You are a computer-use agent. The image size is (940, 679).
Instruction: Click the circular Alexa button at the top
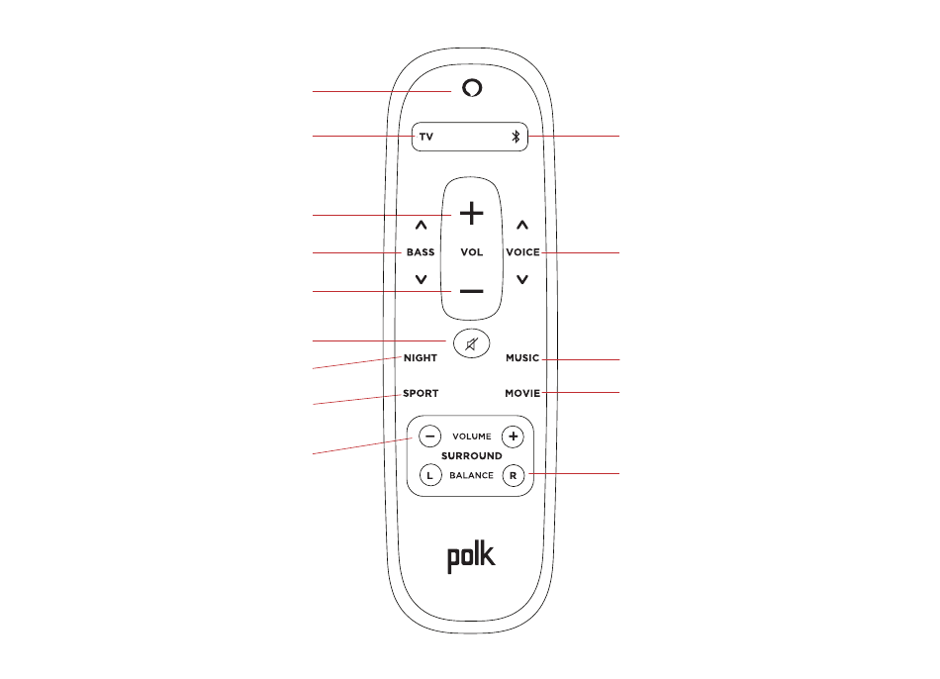tap(472, 88)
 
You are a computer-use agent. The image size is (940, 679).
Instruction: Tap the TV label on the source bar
tap(425, 137)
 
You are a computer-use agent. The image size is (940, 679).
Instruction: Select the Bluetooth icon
tap(515, 137)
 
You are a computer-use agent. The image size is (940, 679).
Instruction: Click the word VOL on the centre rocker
tap(472, 252)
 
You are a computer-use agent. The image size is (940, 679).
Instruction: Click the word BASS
tap(421, 252)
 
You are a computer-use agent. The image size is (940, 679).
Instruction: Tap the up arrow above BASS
tap(421, 226)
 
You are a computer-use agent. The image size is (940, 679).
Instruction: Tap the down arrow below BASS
tap(421, 280)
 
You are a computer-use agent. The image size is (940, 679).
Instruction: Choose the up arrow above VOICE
tap(522, 226)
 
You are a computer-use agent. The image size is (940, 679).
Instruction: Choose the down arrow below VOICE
tap(522, 280)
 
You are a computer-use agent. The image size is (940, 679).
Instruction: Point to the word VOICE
tap(522, 252)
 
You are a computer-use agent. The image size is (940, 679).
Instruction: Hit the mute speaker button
tap(472, 344)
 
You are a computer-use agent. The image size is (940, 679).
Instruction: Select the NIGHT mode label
tap(421, 358)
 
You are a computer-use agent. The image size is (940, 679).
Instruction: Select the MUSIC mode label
tap(522, 358)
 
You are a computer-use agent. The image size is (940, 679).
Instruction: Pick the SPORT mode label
tap(421, 393)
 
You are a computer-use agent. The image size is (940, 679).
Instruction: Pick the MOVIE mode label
tap(522, 393)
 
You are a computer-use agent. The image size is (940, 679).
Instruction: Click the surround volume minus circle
tap(429, 436)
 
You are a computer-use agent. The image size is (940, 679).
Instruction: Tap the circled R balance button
tap(513, 475)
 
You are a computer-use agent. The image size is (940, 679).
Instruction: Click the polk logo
tap(471, 557)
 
